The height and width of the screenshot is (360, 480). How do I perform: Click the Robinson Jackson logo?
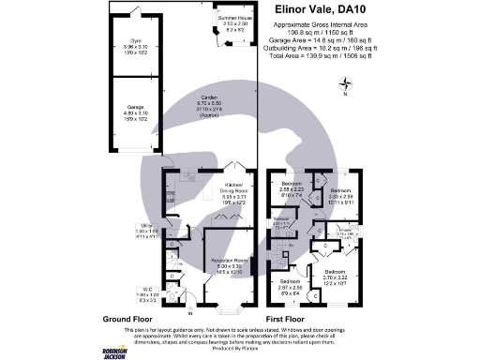[x=117, y=346]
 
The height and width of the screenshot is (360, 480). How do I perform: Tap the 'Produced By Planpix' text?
[x=240, y=352]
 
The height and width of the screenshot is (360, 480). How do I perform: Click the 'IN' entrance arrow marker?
[x=190, y=310]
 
